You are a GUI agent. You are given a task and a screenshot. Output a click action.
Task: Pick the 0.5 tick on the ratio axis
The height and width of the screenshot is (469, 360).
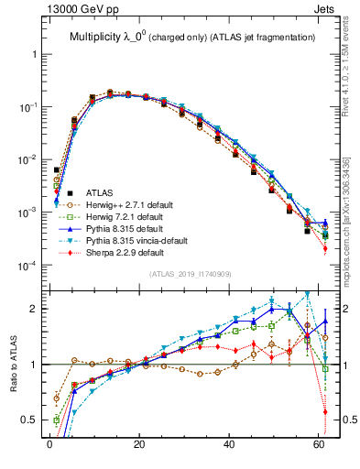point(29,420)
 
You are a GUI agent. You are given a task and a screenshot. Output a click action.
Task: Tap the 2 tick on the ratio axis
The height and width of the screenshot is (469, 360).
point(35,309)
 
